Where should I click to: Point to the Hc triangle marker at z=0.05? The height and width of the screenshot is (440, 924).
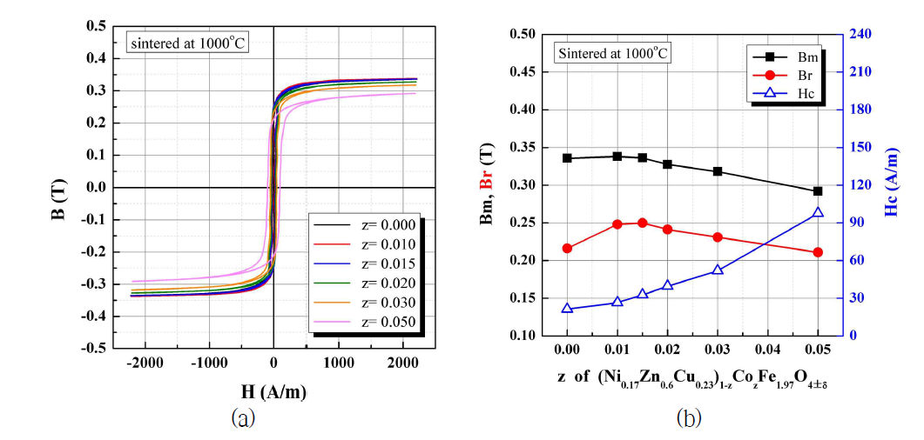tap(818, 212)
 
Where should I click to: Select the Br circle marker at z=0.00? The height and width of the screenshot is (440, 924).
tap(567, 248)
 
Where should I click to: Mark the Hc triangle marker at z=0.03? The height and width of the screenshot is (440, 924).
tap(718, 270)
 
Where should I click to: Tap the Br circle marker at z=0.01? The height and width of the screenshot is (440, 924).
tap(617, 224)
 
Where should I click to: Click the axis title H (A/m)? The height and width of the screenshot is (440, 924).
tap(274, 392)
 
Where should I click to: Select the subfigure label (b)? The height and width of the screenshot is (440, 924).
tap(689, 418)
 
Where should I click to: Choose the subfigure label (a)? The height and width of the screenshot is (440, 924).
tap(243, 418)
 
